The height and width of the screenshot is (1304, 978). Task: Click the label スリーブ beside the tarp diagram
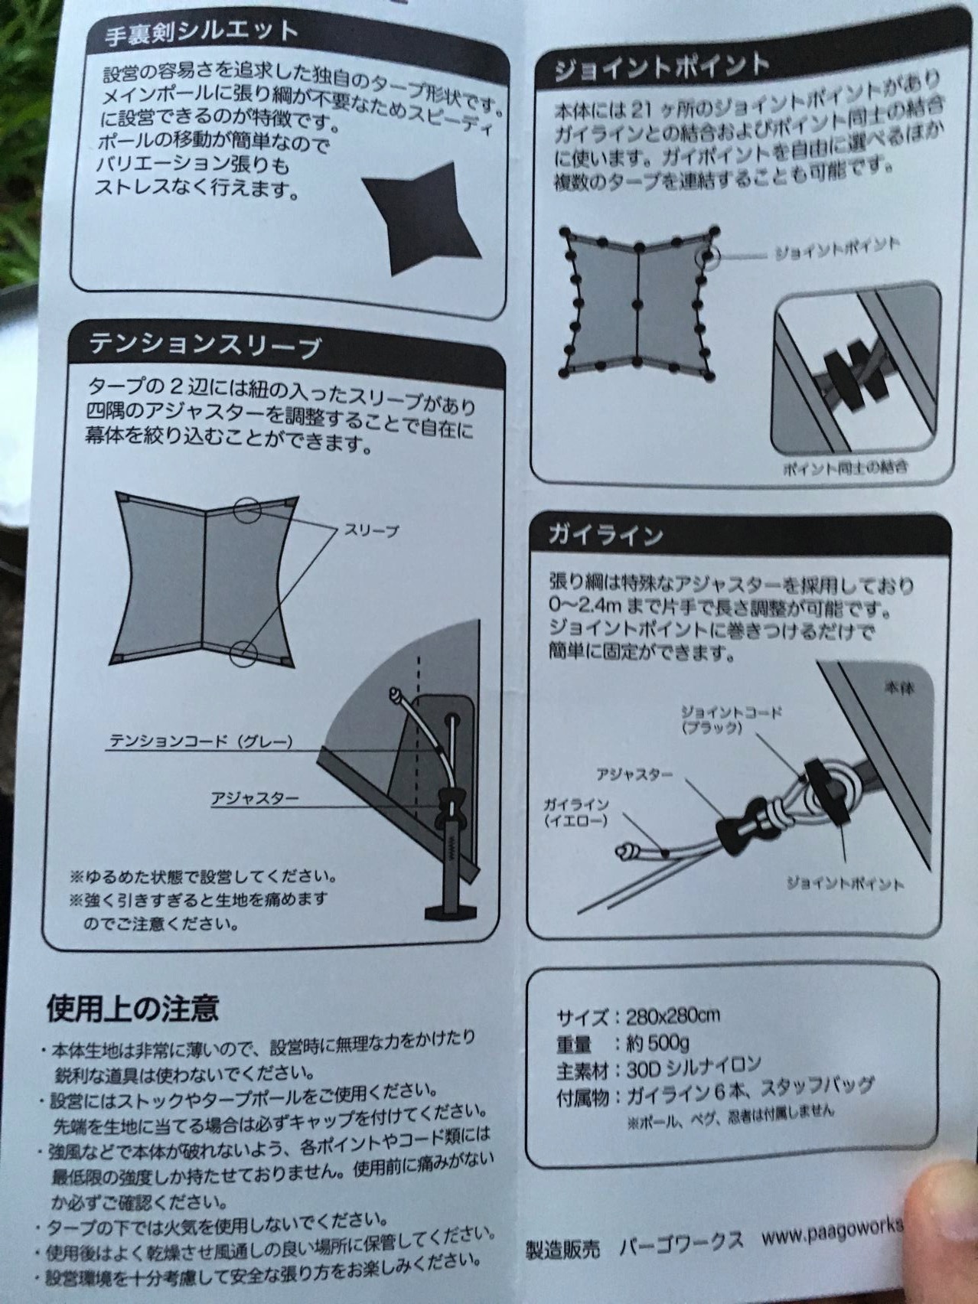point(372,530)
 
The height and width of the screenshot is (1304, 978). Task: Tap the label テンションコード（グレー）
point(200,741)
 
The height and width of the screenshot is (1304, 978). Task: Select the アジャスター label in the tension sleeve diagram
point(256,798)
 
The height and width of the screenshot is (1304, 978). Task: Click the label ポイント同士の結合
point(845,468)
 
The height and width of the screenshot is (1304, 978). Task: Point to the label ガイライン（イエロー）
point(575,813)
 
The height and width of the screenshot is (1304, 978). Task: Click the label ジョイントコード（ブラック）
point(731,719)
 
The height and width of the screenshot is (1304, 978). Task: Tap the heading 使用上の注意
point(132,1008)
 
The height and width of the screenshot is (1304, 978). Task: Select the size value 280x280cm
point(673,1017)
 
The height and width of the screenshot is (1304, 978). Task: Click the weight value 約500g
point(657,1042)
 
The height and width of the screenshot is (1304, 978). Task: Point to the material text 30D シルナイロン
point(693,1064)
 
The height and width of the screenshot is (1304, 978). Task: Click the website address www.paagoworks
point(832,1234)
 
